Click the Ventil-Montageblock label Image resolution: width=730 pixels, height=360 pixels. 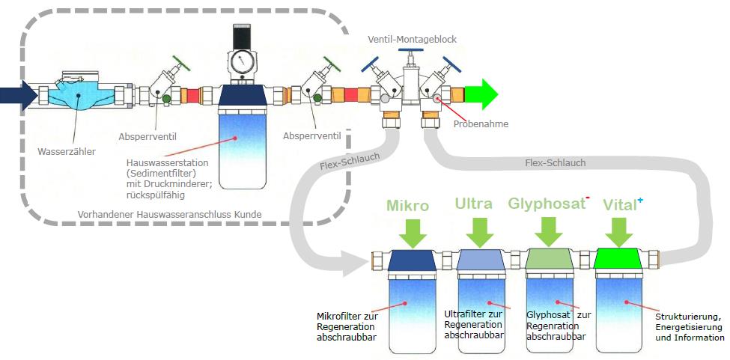(412, 39)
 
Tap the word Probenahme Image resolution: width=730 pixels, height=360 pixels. (481, 124)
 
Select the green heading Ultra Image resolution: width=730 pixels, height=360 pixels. (473, 204)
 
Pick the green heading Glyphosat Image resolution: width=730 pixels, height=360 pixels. (545, 204)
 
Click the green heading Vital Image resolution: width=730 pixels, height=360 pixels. (618, 204)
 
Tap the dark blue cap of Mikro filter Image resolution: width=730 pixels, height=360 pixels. (412, 260)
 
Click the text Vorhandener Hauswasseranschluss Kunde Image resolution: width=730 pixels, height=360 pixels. (169, 215)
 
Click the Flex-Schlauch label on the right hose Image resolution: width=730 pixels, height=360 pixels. (556, 162)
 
